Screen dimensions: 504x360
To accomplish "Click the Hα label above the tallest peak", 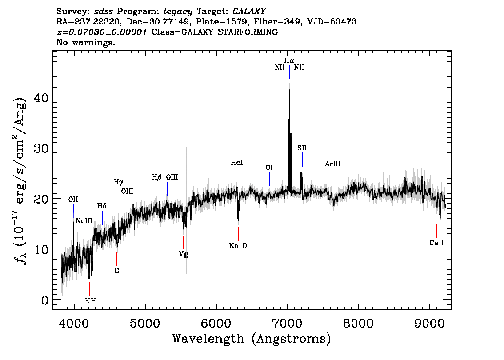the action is point(289,60).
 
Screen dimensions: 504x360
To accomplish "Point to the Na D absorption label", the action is point(238,246).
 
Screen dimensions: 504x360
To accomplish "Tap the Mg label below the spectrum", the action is point(183,254).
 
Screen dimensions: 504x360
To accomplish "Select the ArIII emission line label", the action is point(333,164).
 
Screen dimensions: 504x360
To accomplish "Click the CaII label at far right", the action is point(436,243).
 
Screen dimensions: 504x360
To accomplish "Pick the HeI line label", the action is point(237,163).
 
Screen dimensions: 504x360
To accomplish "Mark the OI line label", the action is point(269,168).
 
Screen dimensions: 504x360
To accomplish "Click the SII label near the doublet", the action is point(302,148).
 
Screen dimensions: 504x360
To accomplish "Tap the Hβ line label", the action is point(156,177).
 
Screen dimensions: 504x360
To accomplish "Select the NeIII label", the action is point(84,221).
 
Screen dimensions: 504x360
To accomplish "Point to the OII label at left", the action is point(73,199).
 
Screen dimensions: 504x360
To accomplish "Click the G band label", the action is point(117,271).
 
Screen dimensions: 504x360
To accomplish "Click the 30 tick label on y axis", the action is point(41,148).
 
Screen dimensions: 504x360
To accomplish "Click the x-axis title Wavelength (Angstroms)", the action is point(252,339).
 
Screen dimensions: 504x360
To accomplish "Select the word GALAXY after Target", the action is point(249,11).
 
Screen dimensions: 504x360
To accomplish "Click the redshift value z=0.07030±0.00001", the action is point(102,32).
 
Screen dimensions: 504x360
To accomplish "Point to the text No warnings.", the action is point(85,42).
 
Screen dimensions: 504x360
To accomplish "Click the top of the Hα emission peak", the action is point(289,90).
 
